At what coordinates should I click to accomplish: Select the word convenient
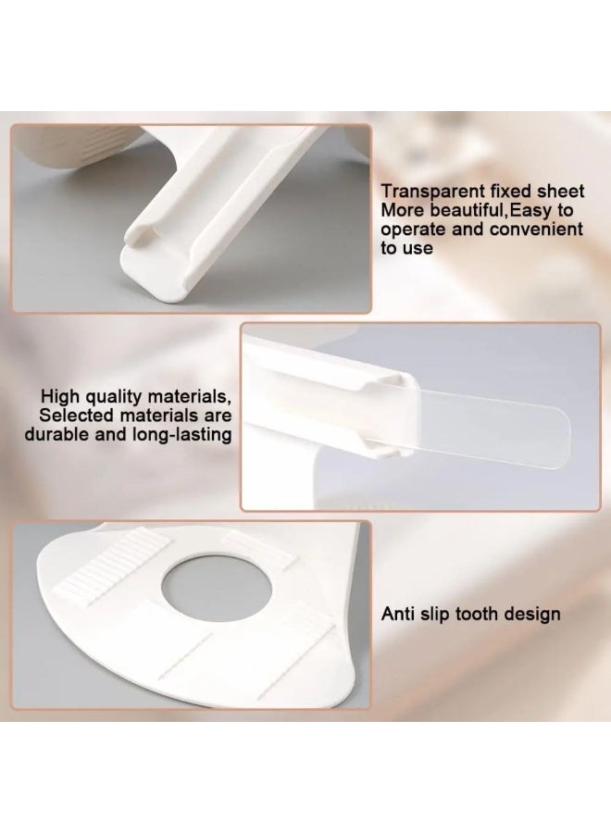pos(536,229)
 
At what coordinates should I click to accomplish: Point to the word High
pos(60,396)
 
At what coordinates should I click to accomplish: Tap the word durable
pos(57,434)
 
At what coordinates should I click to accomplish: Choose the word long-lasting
pos(181,435)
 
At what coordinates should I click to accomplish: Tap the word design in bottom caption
pos(532,615)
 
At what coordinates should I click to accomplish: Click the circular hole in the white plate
pos(217,588)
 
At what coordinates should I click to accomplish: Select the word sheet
pos(560,191)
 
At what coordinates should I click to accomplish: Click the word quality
pos(113,396)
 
